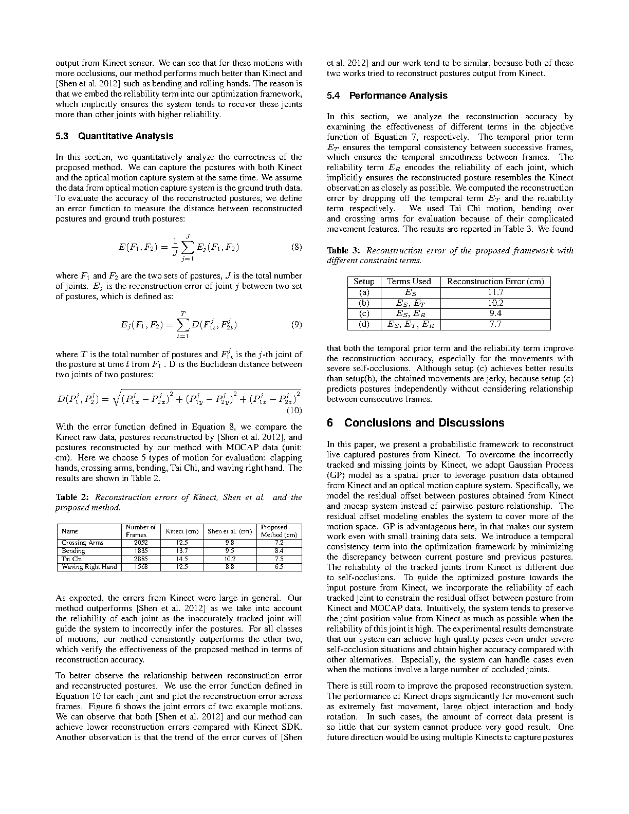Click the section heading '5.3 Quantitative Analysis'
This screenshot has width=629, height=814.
click(114, 136)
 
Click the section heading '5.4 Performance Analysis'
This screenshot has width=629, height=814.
click(387, 96)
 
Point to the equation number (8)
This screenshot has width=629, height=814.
click(297, 247)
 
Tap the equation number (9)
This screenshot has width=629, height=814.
click(297, 325)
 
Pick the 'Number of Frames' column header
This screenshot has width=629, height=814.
click(140, 531)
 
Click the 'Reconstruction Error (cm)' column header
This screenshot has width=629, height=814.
click(495, 282)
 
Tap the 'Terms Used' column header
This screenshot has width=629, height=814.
click(409, 282)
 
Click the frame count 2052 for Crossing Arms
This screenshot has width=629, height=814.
click(140, 543)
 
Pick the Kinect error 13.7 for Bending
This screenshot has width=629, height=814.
click(182, 551)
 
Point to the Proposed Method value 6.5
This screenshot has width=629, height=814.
click(279, 567)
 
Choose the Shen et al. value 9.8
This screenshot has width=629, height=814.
click(230, 543)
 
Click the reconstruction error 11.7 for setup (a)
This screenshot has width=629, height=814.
click(495, 292)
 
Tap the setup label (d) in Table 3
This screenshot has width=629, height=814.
click(364, 324)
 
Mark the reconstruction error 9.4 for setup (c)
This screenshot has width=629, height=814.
click(495, 313)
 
